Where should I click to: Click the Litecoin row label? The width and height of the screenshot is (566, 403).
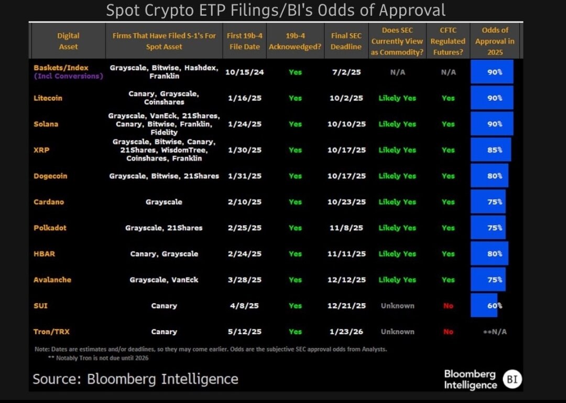click(x=48, y=98)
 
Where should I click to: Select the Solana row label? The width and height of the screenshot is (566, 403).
click(x=46, y=124)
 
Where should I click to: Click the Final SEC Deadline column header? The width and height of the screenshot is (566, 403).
click(x=346, y=41)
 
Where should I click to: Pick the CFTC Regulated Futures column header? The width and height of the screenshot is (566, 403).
click(x=448, y=41)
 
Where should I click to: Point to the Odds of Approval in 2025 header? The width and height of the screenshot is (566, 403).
click(x=495, y=41)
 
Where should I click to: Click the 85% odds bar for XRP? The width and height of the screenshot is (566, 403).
click(x=491, y=150)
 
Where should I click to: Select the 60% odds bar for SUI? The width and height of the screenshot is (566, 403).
click(x=485, y=305)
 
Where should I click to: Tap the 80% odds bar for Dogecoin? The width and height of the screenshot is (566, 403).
click(x=489, y=176)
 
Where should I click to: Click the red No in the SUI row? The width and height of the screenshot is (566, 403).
click(x=448, y=306)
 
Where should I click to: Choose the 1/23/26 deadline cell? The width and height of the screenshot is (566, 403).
click(x=346, y=332)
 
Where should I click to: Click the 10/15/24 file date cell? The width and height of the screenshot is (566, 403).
click(x=244, y=72)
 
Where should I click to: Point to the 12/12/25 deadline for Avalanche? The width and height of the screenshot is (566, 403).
click(x=346, y=280)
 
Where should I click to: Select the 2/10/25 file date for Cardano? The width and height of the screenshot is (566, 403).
click(x=244, y=202)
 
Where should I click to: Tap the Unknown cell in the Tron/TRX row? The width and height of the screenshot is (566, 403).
click(x=397, y=332)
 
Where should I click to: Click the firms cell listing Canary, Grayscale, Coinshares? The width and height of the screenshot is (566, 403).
click(x=164, y=98)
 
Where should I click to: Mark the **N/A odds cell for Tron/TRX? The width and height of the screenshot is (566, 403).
click(x=495, y=332)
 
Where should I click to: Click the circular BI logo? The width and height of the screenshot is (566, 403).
click(x=511, y=379)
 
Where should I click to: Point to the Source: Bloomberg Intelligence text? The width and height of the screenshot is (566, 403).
click(x=135, y=379)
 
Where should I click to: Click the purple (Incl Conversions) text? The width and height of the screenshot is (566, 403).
click(x=69, y=76)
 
